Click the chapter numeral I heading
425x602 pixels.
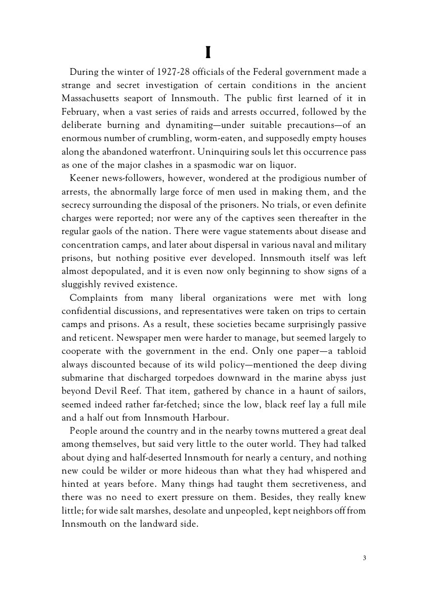pos(208,53)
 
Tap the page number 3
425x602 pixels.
pos(364,558)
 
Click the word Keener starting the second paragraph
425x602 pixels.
pos(85,178)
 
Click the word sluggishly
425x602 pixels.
pos(83,284)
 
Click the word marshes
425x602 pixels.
pos(152,511)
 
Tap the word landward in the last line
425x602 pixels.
pos(155,524)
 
